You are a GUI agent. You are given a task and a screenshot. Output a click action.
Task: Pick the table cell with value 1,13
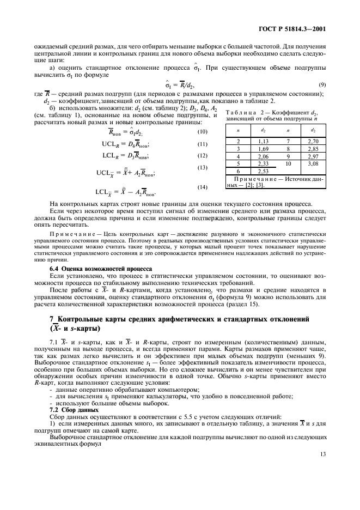[x=264, y=141]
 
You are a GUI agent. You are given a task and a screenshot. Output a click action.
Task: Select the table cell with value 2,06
[x=264, y=155]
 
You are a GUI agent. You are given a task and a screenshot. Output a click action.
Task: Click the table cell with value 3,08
[x=313, y=163]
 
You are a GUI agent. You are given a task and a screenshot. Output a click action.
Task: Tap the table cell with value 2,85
[x=313, y=148]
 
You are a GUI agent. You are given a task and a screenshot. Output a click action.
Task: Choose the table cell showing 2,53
[x=264, y=171]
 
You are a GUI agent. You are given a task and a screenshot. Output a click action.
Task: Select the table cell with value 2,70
[x=313, y=141]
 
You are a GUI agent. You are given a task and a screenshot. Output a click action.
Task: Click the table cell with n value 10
[x=288, y=163]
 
